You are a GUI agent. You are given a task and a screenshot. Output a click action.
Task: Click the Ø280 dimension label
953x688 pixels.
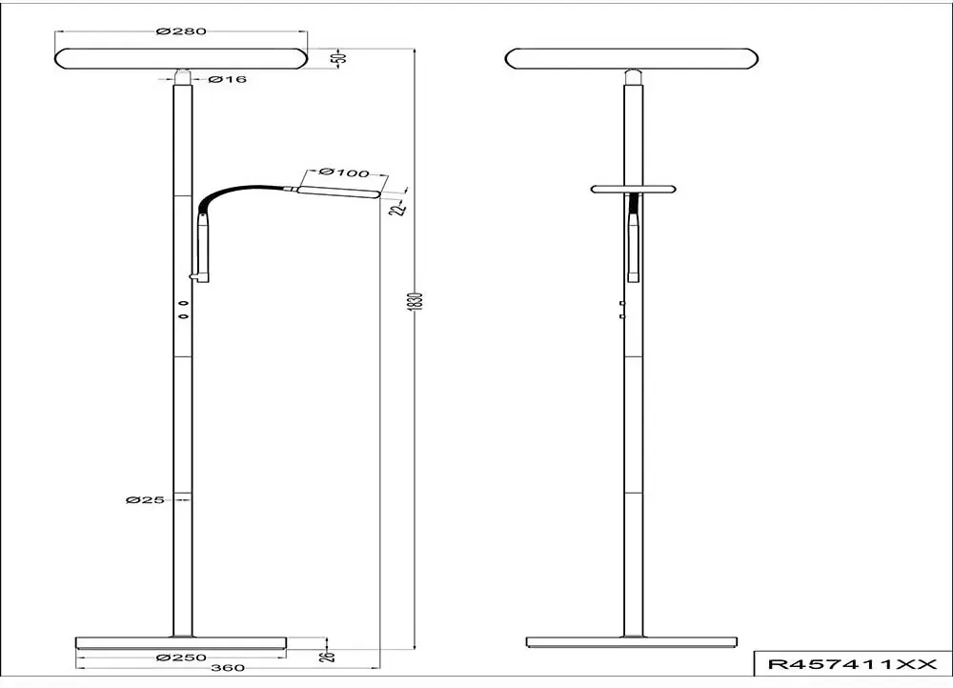[x=181, y=31]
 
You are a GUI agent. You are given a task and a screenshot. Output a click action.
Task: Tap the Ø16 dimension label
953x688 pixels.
[x=228, y=79]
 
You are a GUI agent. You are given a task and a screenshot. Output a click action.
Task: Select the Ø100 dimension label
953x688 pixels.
[x=343, y=172]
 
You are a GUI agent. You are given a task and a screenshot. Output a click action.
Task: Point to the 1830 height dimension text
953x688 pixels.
[x=416, y=301]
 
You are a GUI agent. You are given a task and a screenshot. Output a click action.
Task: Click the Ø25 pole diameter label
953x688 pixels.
[x=145, y=499]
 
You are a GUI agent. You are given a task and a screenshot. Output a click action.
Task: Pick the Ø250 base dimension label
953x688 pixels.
[x=181, y=658]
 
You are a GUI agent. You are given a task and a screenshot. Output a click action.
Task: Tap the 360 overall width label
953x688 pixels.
[x=229, y=668]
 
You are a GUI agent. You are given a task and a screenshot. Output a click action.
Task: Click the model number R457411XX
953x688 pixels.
[x=853, y=664]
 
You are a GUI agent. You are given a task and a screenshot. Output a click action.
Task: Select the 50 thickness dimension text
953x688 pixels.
[x=341, y=58]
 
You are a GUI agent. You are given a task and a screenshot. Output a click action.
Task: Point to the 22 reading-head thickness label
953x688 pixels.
[x=398, y=209]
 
